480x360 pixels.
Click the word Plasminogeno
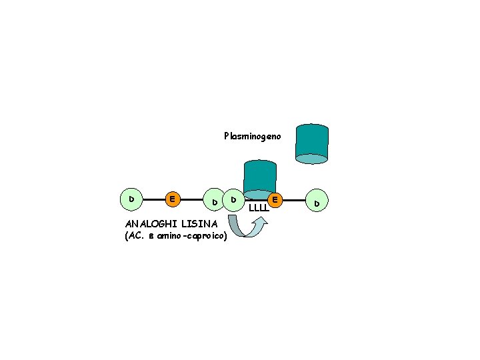point(253,136)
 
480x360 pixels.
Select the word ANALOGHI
point(147,224)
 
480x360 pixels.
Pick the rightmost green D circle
point(317,201)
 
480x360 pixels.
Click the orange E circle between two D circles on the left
point(173,199)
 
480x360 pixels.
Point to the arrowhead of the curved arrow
point(261,221)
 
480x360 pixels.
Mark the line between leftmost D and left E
point(152,199)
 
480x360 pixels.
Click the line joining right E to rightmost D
point(296,199)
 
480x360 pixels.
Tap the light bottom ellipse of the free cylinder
point(311,159)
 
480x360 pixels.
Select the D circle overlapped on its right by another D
point(215,201)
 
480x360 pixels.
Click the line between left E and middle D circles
point(193,199)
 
